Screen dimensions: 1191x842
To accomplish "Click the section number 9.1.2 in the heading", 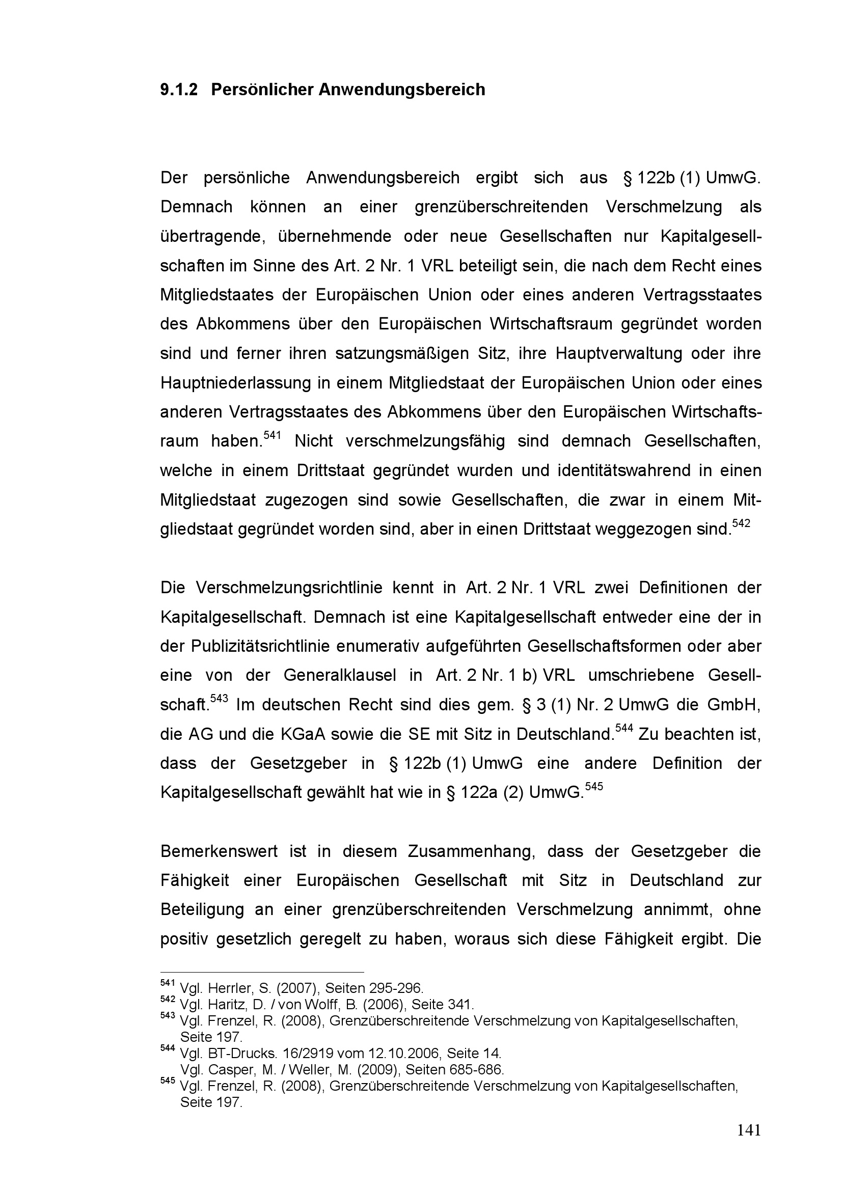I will pos(178,90).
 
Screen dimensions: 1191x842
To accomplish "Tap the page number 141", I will pos(749,1145).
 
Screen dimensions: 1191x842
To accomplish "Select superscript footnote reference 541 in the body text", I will pos(272,435).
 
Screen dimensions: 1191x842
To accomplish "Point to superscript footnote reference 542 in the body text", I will pos(741,523).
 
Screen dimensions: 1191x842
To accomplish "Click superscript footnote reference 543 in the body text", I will pos(219,699).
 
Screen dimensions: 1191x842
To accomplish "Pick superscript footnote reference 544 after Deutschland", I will pos(623,728).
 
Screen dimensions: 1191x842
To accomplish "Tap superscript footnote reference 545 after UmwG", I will pos(594,786).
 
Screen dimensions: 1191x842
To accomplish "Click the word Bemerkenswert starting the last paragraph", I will pos(219,852).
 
